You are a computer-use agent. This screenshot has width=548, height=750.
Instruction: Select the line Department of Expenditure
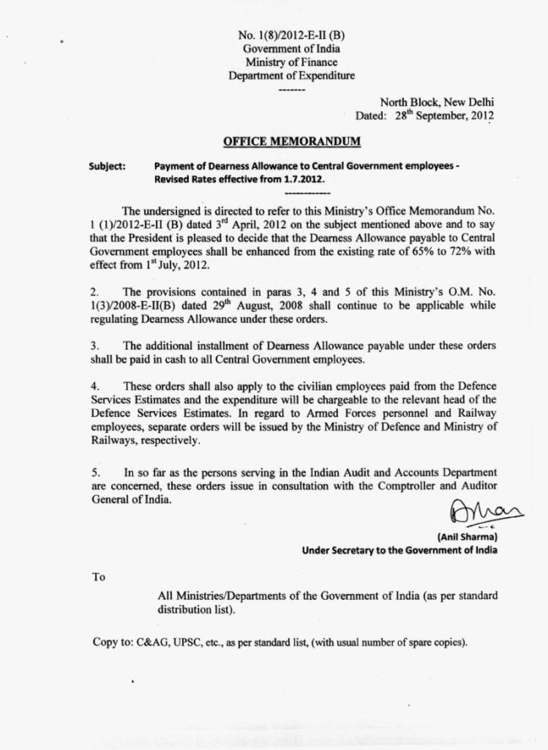[292, 76]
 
